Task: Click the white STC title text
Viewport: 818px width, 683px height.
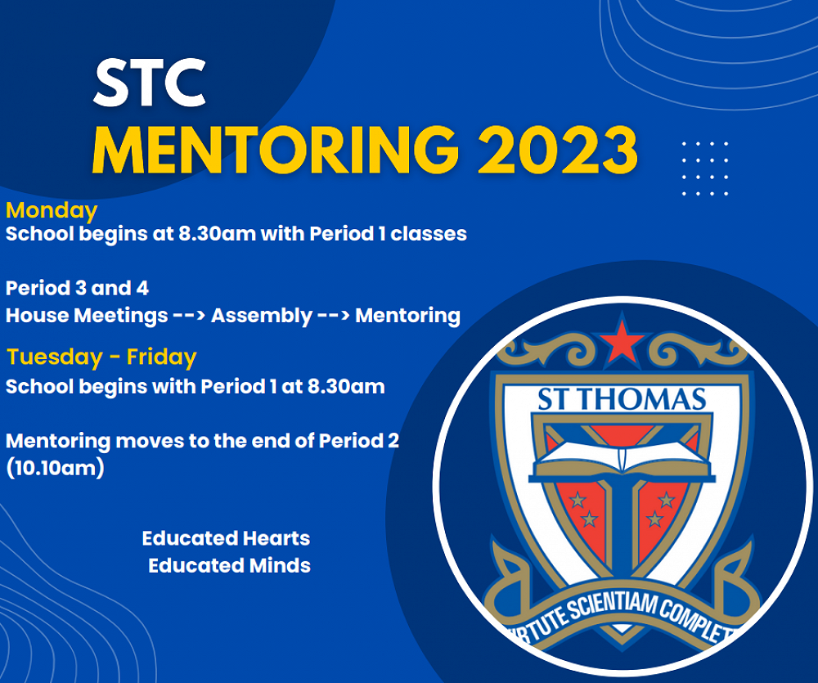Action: coord(150,83)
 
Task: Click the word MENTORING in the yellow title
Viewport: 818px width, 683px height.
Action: coord(276,151)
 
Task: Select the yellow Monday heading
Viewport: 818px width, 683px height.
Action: coord(51,210)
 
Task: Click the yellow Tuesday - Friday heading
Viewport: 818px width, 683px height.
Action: coord(101,357)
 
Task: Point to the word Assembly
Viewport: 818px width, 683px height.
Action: coord(262,316)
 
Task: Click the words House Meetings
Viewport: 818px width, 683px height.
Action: coord(87,316)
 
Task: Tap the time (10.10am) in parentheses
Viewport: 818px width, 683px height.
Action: coord(56,468)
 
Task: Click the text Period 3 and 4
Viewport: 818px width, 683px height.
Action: coord(77,288)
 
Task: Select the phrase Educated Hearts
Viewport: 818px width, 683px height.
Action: coord(226,538)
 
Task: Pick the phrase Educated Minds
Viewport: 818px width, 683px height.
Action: coord(229,565)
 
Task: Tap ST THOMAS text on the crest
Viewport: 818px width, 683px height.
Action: coord(622,399)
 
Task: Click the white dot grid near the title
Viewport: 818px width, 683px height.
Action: coord(705,169)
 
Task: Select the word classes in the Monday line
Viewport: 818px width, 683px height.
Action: coord(429,234)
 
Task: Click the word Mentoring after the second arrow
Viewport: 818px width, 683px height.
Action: coord(407,316)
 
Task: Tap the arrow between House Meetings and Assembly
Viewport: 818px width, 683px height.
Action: coord(190,317)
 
